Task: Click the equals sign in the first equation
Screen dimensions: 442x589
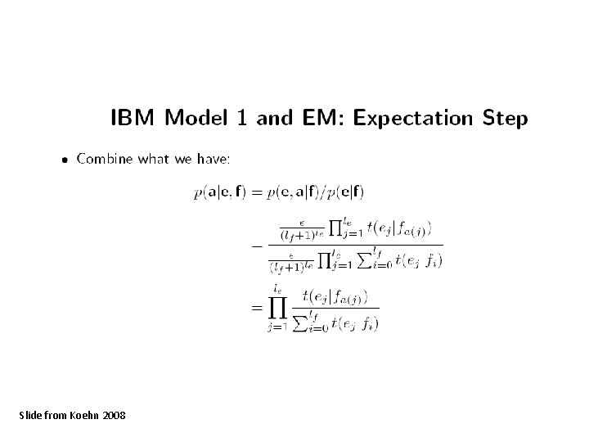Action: click(255, 193)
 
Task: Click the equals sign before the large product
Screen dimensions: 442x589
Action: click(255, 307)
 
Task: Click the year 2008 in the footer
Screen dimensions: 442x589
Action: click(115, 417)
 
